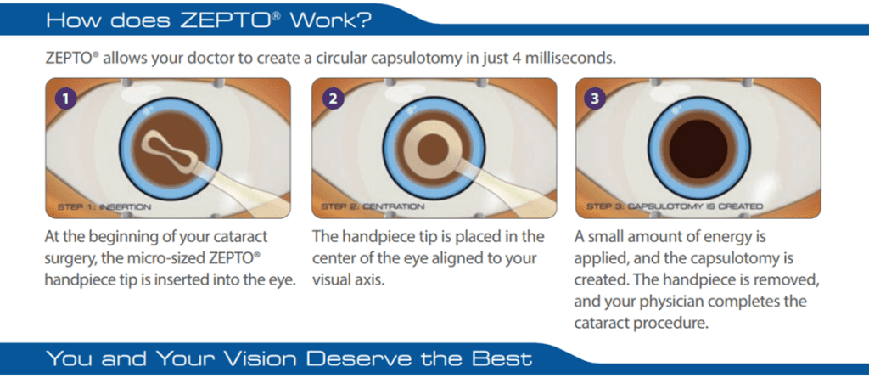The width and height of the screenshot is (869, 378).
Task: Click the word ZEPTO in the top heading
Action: tap(227, 20)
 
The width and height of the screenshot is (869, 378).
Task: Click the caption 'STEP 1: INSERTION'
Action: tap(104, 207)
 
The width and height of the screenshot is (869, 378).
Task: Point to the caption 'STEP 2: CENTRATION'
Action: tap(373, 207)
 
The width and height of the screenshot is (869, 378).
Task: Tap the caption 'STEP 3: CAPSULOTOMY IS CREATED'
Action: tap(675, 207)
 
